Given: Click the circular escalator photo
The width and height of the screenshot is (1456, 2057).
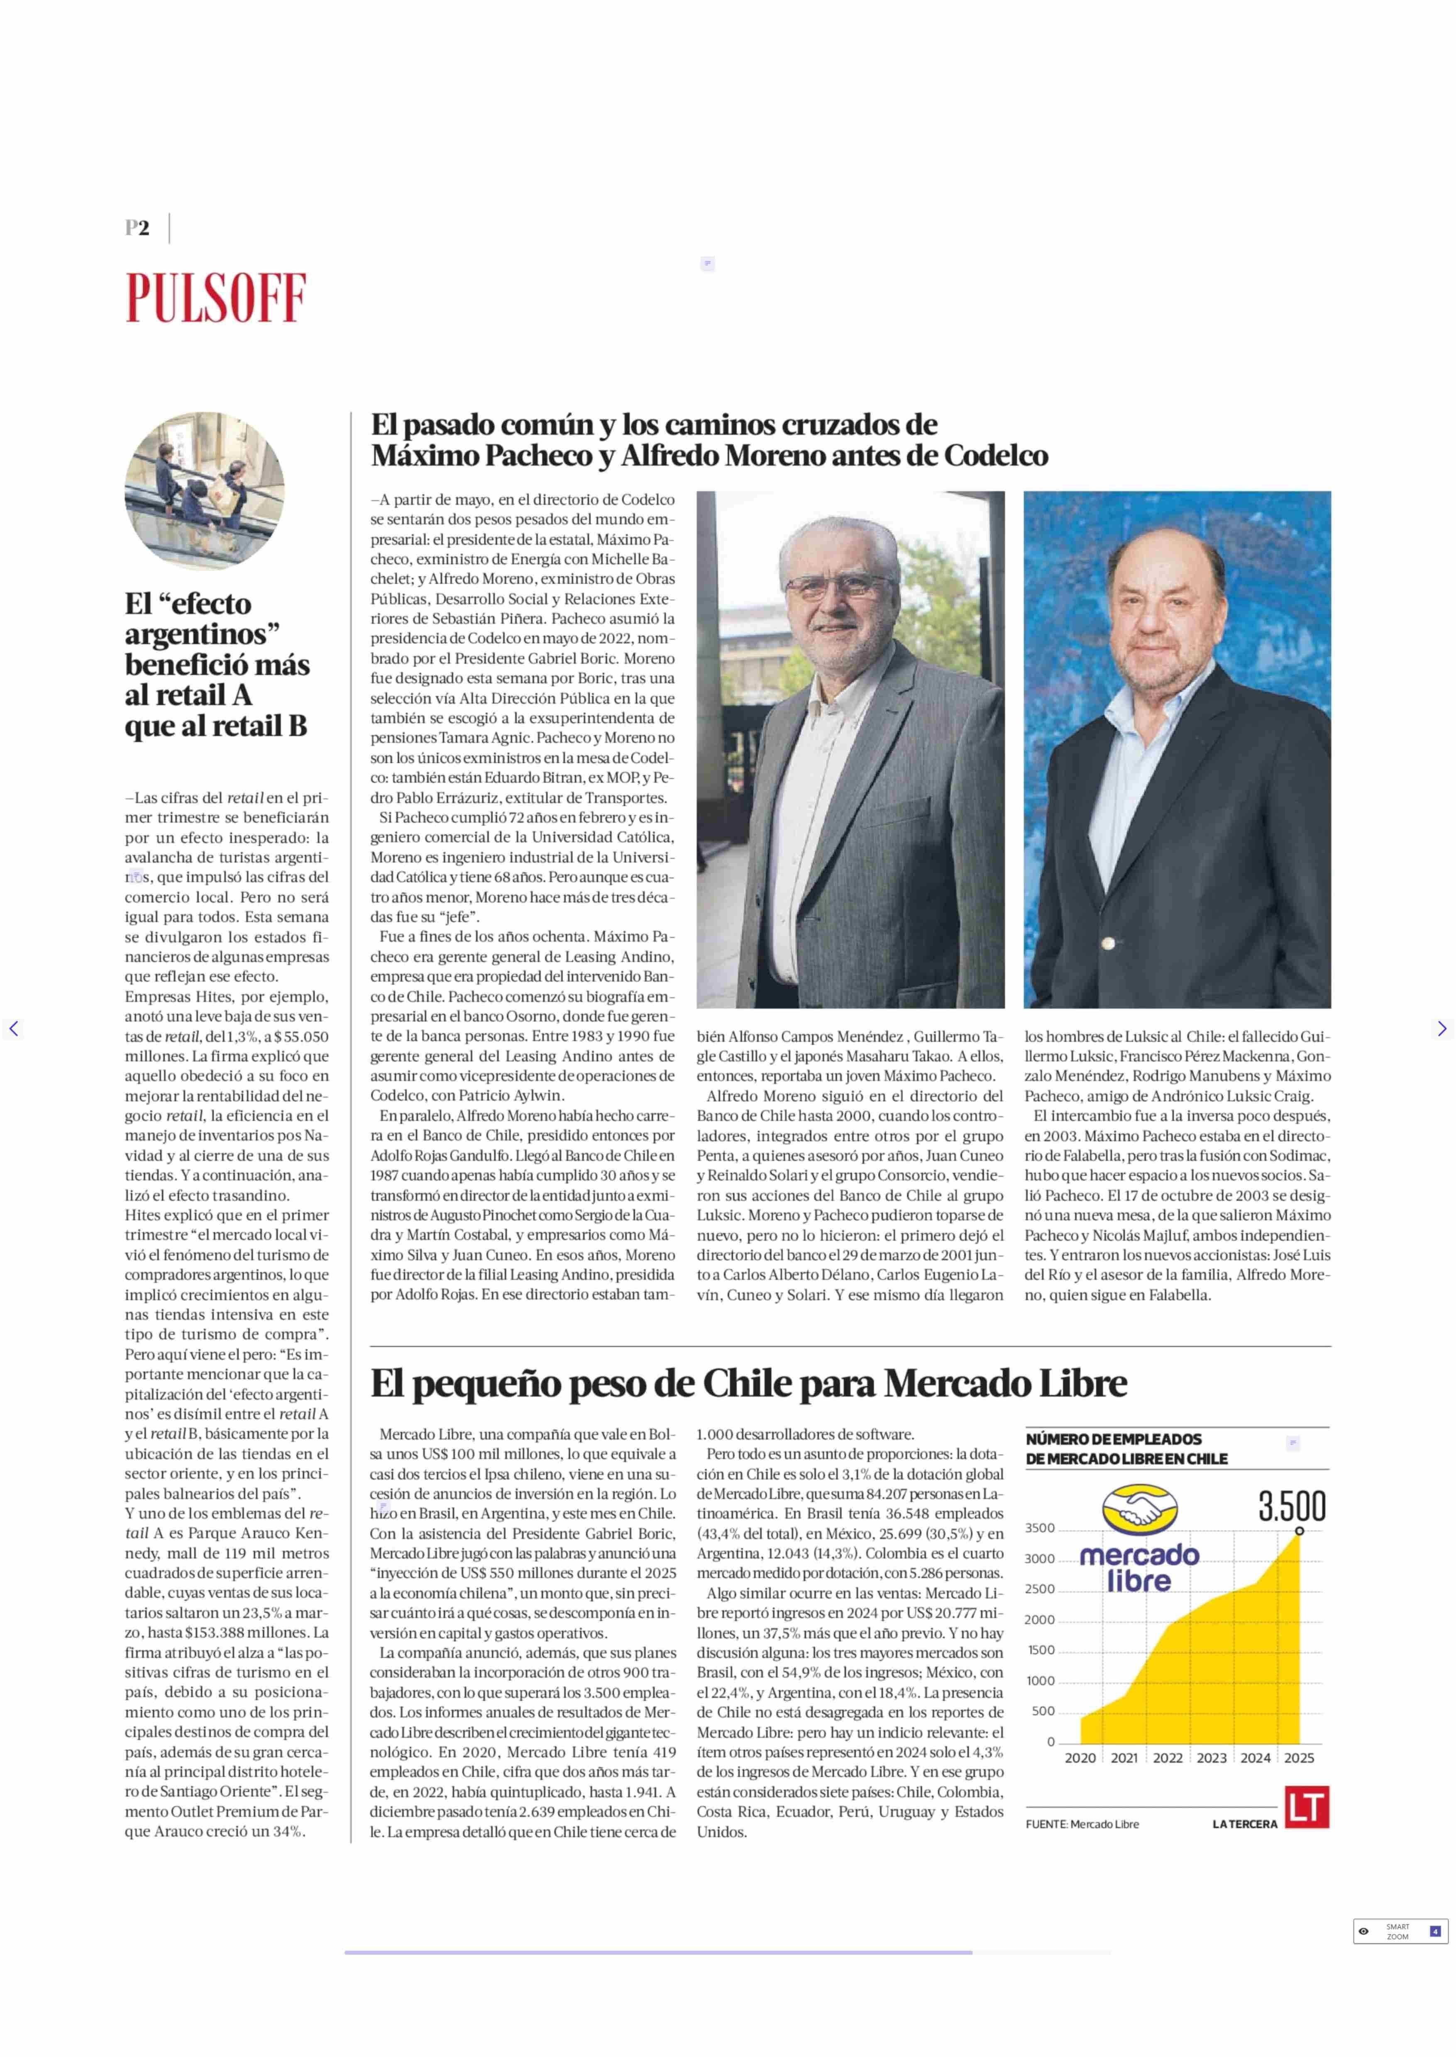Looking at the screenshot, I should tap(205, 491).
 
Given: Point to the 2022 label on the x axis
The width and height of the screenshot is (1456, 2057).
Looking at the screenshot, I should tap(1167, 1759).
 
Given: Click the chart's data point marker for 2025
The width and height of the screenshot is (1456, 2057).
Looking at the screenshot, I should tap(1299, 1531).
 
